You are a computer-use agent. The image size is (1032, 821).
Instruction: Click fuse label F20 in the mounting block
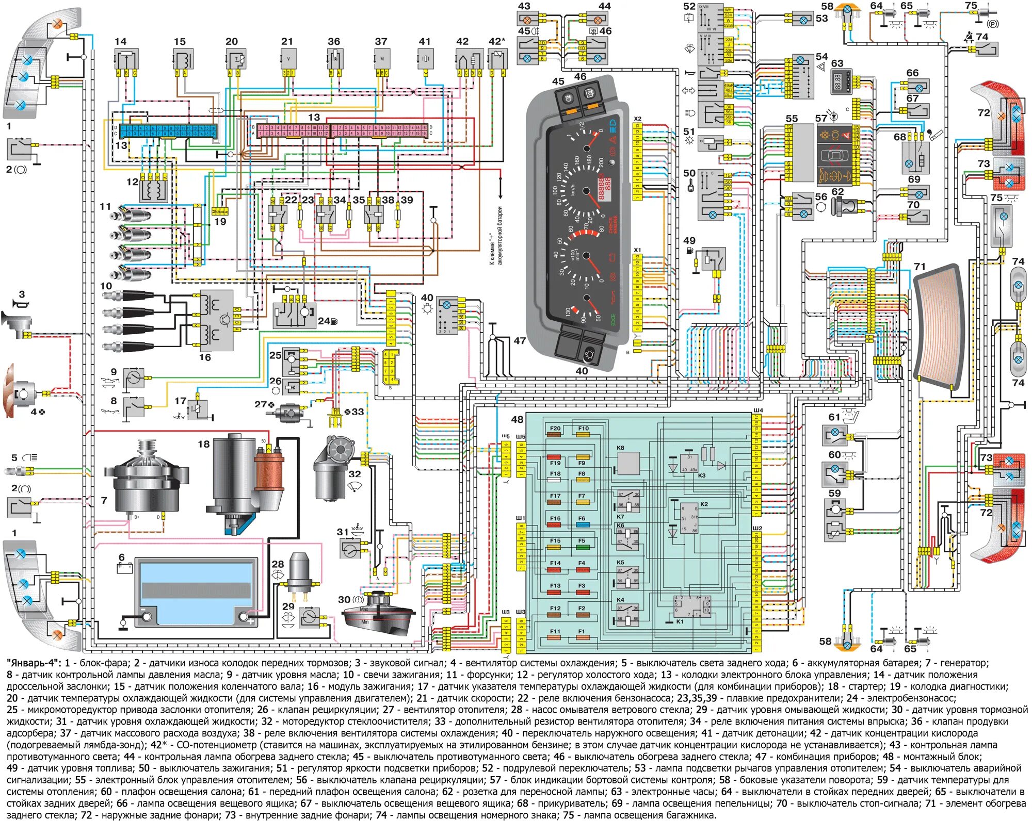click(x=555, y=429)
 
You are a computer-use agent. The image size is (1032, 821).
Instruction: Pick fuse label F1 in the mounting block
click(x=582, y=631)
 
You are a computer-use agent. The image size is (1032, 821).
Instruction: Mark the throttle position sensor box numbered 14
click(x=126, y=59)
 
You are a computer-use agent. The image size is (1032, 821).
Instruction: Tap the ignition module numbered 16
click(x=216, y=320)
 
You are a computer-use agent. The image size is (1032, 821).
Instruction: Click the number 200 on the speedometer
click(x=600, y=162)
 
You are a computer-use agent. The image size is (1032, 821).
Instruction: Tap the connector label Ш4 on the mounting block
click(x=757, y=411)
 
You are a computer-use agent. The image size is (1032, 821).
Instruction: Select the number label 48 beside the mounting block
click(x=517, y=419)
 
